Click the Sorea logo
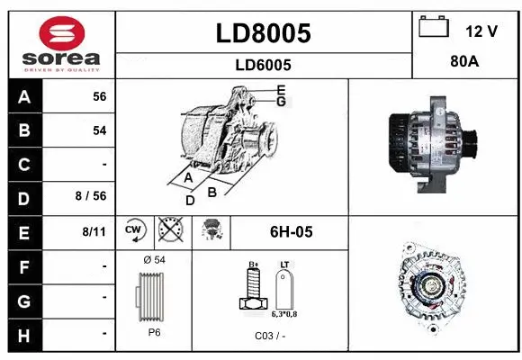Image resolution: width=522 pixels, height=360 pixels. [60, 44]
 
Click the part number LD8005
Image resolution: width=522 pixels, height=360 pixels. [263, 33]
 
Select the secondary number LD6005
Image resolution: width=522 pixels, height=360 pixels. [263, 65]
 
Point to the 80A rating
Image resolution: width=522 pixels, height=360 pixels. [463, 64]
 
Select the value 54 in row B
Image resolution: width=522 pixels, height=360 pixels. [99, 130]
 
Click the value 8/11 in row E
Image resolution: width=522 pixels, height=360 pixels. [94, 232]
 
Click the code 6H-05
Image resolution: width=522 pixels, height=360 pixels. [291, 232]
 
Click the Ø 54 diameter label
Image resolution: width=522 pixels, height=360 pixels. [153, 260]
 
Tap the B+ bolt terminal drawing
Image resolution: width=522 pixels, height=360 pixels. [254, 292]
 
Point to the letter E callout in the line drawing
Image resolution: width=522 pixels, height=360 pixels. [281, 90]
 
